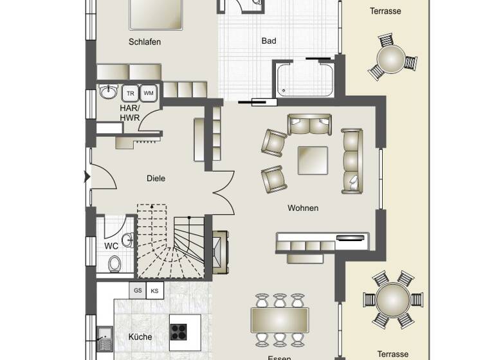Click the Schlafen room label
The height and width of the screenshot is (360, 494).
pos(144,42)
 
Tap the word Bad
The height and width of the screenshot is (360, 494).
pos(269,41)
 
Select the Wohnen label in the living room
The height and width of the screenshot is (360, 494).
pos(303,208)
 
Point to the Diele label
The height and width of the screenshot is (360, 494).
pos(156,178)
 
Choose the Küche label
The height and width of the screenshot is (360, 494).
pos(140,336)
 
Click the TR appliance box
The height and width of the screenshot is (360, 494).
pos(131,93)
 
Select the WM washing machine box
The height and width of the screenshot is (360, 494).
pos(149,93)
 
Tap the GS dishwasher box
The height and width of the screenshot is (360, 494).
pos(138,291)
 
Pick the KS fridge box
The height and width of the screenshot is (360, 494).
pos(154,291)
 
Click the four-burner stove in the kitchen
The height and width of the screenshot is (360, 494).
pos(179,332)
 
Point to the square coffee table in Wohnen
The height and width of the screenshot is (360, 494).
pos(312,159)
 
